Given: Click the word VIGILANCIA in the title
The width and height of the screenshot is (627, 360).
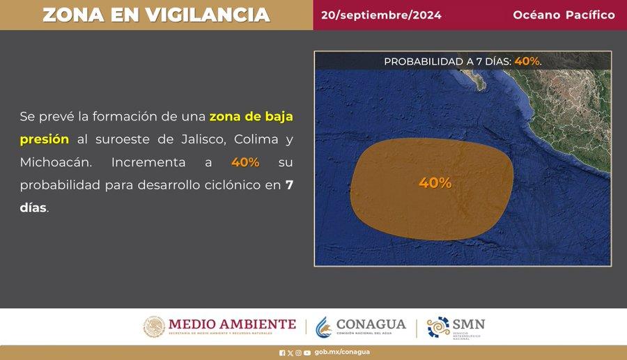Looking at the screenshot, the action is (208, 15).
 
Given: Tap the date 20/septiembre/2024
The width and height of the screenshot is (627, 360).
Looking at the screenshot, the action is (381, 15).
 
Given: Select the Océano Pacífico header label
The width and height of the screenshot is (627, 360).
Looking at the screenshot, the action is (564, 15).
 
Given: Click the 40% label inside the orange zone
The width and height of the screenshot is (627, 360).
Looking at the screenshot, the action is (435, 182).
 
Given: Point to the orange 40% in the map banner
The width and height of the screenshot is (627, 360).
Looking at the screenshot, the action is (527, 61).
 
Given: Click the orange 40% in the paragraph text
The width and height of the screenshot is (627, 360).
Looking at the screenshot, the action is (245, 162).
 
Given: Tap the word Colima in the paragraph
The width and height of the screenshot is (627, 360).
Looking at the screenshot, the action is (256, 139).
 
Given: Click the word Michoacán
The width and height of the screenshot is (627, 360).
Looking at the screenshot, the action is (56, 162).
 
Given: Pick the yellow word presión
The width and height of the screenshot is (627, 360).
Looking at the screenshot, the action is (45, 140).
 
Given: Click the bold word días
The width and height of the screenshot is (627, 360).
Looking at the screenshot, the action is (33, 208).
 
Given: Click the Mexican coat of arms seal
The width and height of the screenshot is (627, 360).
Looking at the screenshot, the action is (154, 327).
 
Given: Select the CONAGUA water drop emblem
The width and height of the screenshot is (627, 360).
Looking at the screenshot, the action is (323, 327).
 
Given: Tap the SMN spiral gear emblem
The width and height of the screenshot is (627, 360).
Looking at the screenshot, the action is (438, 327).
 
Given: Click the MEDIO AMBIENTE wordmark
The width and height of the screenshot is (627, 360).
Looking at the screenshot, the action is (232, 324).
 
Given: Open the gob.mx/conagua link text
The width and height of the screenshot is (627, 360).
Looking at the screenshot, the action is (342, 352).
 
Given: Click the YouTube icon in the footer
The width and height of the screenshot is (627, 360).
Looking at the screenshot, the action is (307, 353).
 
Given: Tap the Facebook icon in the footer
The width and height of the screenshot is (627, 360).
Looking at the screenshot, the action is (282, 353).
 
